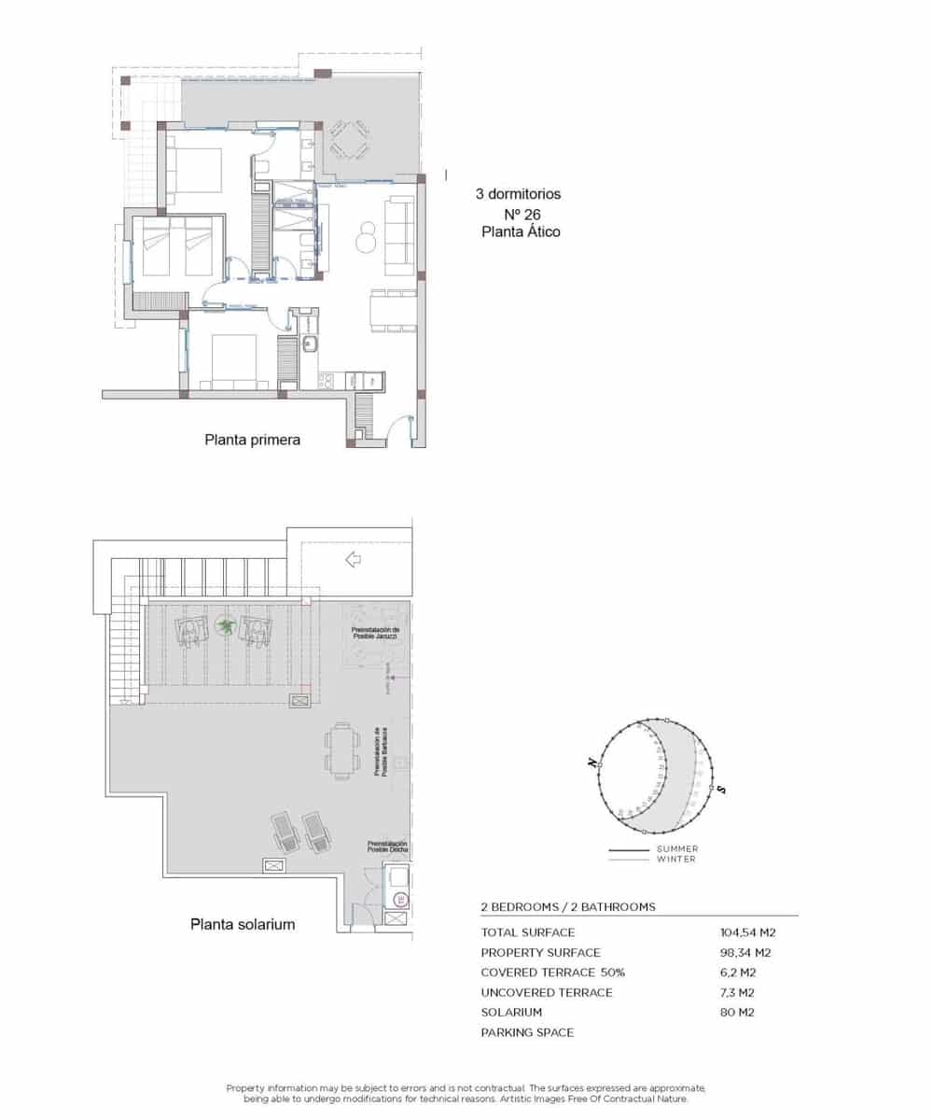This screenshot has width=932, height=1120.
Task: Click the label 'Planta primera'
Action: pyautogui.click(x=252, y=438)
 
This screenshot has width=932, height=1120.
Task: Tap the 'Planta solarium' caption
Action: pyautogui.click(x=243, y=924)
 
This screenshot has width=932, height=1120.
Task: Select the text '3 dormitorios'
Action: pyautogui.click(x=518, y=195)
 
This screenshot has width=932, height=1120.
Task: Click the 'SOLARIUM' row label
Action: pyautogui.click(x=511, y=1013)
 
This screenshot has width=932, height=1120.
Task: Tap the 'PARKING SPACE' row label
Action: pyautogui.click(x=527, y=1032)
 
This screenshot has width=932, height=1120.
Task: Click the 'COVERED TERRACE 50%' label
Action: pyautogui.click(x=552, y=973)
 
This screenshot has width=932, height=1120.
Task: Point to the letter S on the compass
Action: pyautogui.click(x=722, y=790)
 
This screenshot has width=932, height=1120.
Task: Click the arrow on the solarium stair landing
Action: pyautogui.click(x=353, y=560)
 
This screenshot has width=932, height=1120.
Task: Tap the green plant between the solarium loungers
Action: pyautogui.click(x=225, y=625)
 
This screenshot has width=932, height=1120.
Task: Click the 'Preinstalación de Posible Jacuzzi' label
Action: pyautogui.click(x=375, y=633)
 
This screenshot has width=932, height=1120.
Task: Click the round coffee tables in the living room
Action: pyautogui.click(x=366, y=235)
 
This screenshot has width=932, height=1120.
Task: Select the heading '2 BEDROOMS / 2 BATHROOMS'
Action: pyautogui.click(x=567, y=906)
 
